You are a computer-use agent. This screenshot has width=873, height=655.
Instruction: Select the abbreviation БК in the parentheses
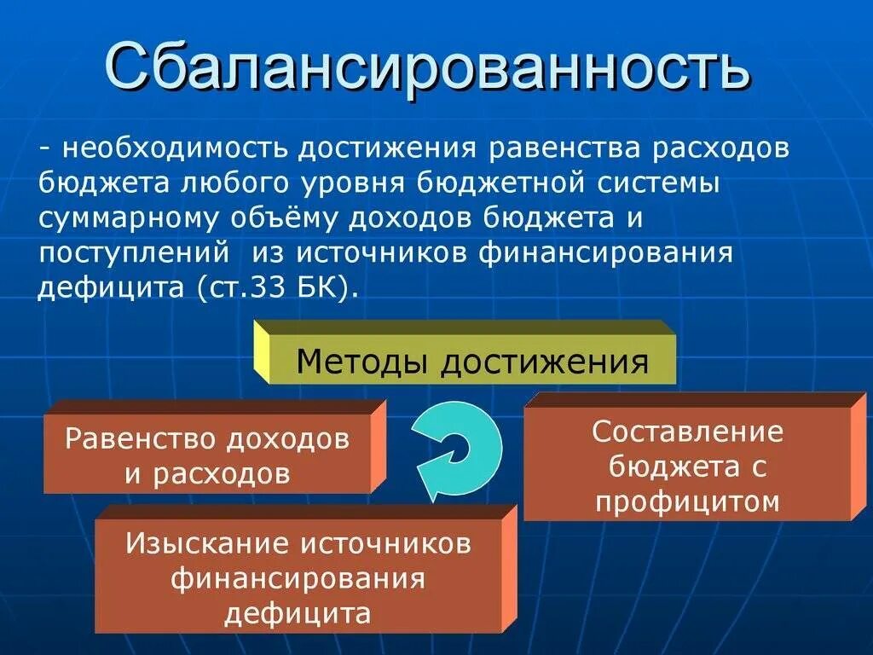[321, 287]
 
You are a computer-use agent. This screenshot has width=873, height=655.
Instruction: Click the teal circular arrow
[458, 449]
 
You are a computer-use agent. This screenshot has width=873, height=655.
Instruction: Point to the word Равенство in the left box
[141, 439]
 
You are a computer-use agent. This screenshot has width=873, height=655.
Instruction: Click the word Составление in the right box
[687, 431]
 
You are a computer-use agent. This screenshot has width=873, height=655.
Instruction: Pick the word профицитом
[687, 501]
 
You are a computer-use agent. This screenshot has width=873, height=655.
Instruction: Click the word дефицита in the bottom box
[298, 613]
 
